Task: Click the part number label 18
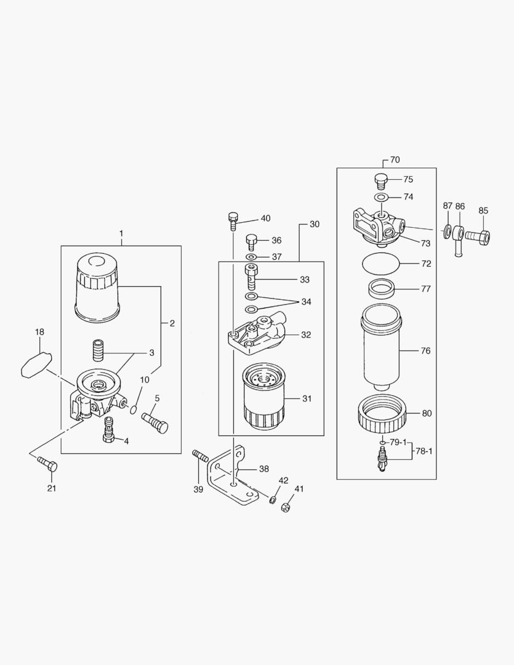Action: [39, 332]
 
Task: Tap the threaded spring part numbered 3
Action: [98, 350]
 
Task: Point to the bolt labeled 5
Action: [155, 423]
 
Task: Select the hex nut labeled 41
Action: [285, 508]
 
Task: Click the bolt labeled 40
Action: [233, 220]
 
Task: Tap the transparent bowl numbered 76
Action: [381, 348]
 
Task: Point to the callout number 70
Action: [395, 159]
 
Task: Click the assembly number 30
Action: [314, 225]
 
